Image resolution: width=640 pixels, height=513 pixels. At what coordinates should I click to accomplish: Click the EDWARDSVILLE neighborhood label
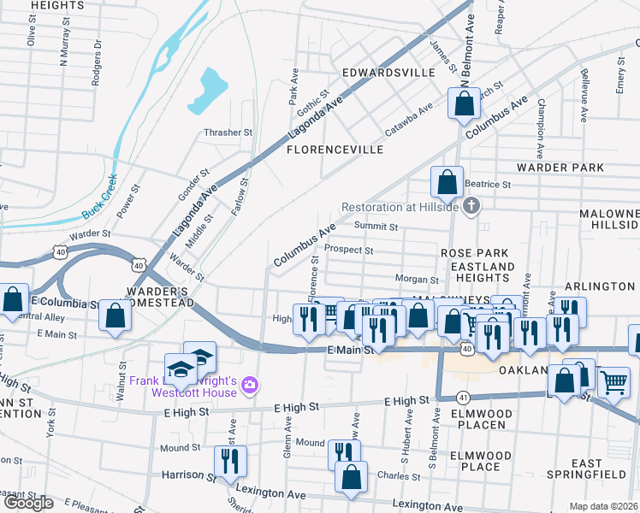388,73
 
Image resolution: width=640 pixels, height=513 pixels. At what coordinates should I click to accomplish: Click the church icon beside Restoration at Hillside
471,206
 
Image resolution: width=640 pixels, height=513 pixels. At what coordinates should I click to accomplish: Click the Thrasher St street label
228,133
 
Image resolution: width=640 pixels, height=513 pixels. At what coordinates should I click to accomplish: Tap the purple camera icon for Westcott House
249,386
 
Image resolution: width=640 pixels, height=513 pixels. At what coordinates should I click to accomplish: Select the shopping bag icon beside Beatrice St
447,182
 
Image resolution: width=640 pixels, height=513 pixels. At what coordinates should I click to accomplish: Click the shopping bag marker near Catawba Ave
464,103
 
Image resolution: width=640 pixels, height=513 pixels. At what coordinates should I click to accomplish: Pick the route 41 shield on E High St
463,398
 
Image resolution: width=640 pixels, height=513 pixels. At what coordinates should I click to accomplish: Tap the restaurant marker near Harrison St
229,461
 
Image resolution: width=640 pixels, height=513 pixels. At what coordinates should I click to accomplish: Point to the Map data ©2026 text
603,506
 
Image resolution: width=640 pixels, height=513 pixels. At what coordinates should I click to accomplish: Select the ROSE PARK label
474,254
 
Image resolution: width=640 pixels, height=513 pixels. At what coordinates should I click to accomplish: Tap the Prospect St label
349,251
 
